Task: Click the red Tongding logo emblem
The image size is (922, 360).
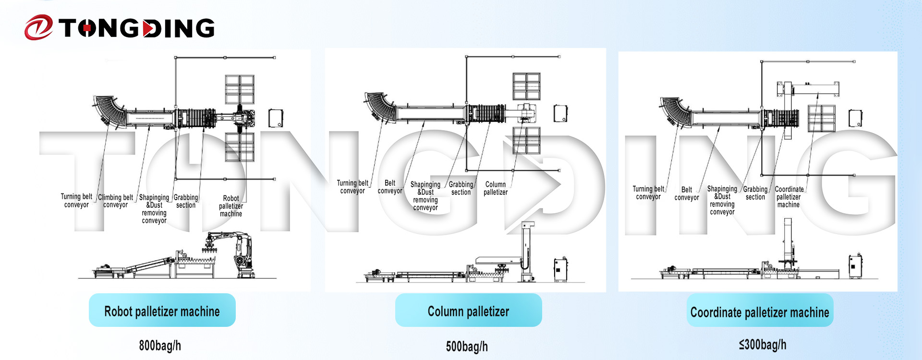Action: pos(38,27)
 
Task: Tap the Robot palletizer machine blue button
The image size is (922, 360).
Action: pos(162,310)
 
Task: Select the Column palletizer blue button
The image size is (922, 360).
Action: pos(468,310)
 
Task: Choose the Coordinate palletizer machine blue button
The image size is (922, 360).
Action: pos(760,311)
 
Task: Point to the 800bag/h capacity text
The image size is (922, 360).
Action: pos(160,346)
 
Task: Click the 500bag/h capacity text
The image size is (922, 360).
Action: pos(467,347)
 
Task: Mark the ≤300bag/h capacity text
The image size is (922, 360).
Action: pos(763,345)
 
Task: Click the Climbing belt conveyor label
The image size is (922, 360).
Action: pos(116,201)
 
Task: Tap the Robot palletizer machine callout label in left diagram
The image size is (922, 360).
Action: pos(231,206)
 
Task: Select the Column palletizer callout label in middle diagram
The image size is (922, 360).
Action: pos(496,188)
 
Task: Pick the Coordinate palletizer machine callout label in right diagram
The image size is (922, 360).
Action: pos(789,197)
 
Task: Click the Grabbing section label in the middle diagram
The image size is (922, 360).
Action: pos(461,188)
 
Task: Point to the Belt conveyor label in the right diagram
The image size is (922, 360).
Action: pos(687,193)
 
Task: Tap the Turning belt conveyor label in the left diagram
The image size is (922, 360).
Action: pos(76,201)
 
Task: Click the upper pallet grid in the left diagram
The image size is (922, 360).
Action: pos(240,89)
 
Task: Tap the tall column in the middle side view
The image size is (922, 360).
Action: pos(527,250)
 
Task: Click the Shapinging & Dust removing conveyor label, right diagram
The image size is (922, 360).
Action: pos(722,200)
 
